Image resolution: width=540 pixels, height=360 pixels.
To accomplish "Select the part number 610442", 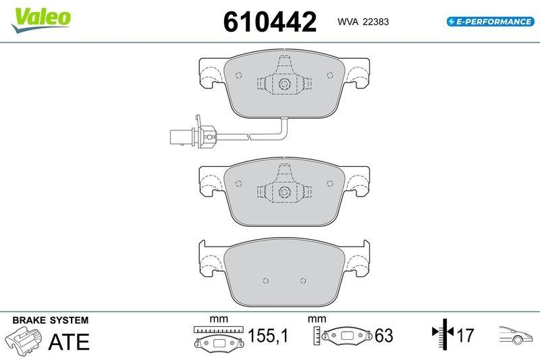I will coord(269,22).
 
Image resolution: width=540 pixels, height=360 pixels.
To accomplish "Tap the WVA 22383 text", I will coord(362,22).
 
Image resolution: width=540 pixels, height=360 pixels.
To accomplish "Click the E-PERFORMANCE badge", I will coord(490,22).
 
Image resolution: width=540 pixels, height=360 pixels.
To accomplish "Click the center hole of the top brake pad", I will coord(284,84).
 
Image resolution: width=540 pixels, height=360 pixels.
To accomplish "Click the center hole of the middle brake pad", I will coord(284,192).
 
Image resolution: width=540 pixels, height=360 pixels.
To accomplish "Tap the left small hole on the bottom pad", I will coord(266,280).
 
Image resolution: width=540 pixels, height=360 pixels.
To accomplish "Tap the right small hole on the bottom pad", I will coord(302,280).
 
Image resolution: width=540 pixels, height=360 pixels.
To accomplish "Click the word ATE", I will coord(69,342).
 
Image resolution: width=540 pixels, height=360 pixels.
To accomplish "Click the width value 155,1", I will coord(267,336).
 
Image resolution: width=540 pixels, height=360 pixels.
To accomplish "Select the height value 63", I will coord(383,336).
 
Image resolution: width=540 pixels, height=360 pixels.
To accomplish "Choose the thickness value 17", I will coord(465,336).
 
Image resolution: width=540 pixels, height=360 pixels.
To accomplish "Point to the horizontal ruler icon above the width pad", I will coord(218,329).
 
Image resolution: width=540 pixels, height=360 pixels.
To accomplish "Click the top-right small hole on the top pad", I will coord(329,74).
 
